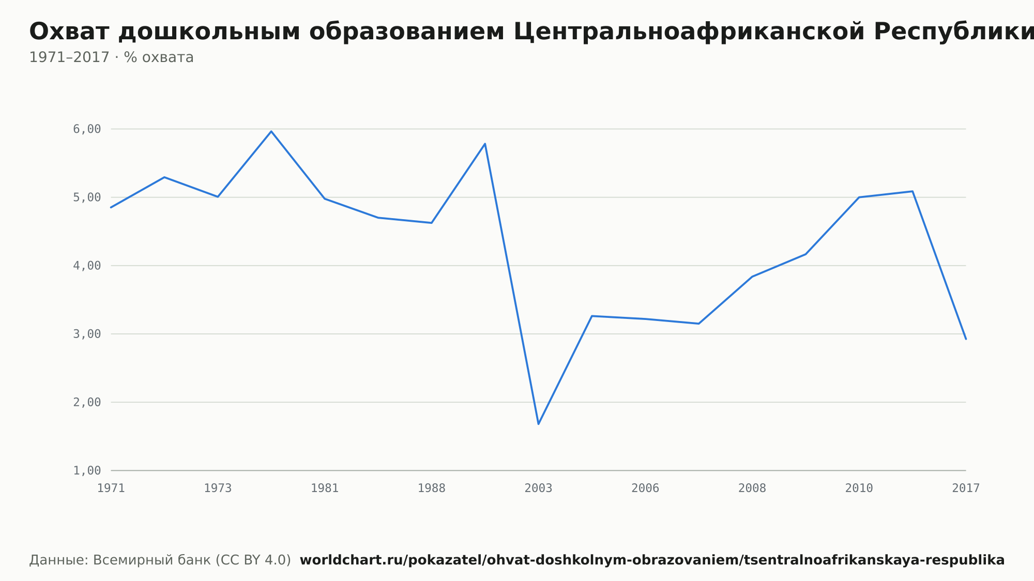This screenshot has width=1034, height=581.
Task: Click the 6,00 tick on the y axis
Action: pyautogui.click(x=87, y=129)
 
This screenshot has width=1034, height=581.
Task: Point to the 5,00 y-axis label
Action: pyautogui.click(x=87, y=197)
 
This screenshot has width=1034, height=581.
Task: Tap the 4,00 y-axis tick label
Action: pyautogui.click(x=87, y=266)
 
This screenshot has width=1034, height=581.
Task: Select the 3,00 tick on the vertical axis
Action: pyautogui.click(x=87, y=334)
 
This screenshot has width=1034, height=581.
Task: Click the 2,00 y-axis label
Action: pyautogui.click(x=87, y=402)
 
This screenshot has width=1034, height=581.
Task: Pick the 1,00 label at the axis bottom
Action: pyautogui.click(x=87, y=470)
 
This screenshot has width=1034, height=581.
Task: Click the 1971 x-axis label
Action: pyautogui.click(x=111, y=488)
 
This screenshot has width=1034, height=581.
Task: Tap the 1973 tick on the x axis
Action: pyautogui.click(x=218, y=488)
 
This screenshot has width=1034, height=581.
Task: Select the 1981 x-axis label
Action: pyautogui.click(x=325, y=488)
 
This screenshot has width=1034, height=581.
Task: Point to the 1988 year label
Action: pyautogui.click(x=432, y=488)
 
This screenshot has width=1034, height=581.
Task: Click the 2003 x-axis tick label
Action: pyautogui.click(x=538, y=488)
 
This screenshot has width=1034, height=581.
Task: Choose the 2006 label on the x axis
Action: pyautogui.click(x=645, y=488)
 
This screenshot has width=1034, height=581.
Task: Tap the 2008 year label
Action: pyautogui.click(x=752, y=488)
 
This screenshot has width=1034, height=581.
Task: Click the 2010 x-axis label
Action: pyautogui.click(x=859, y=488)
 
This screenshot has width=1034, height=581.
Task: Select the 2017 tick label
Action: pyautogui.click(x=966, y=488)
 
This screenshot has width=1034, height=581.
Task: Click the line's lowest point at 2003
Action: pyautogui.click(x=538, y=424)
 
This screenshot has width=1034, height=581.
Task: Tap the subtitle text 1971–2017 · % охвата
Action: pyautogui.click(x=111, y=57)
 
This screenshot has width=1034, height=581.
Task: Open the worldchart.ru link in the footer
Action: pyautogui.click(x=652, y=560)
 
